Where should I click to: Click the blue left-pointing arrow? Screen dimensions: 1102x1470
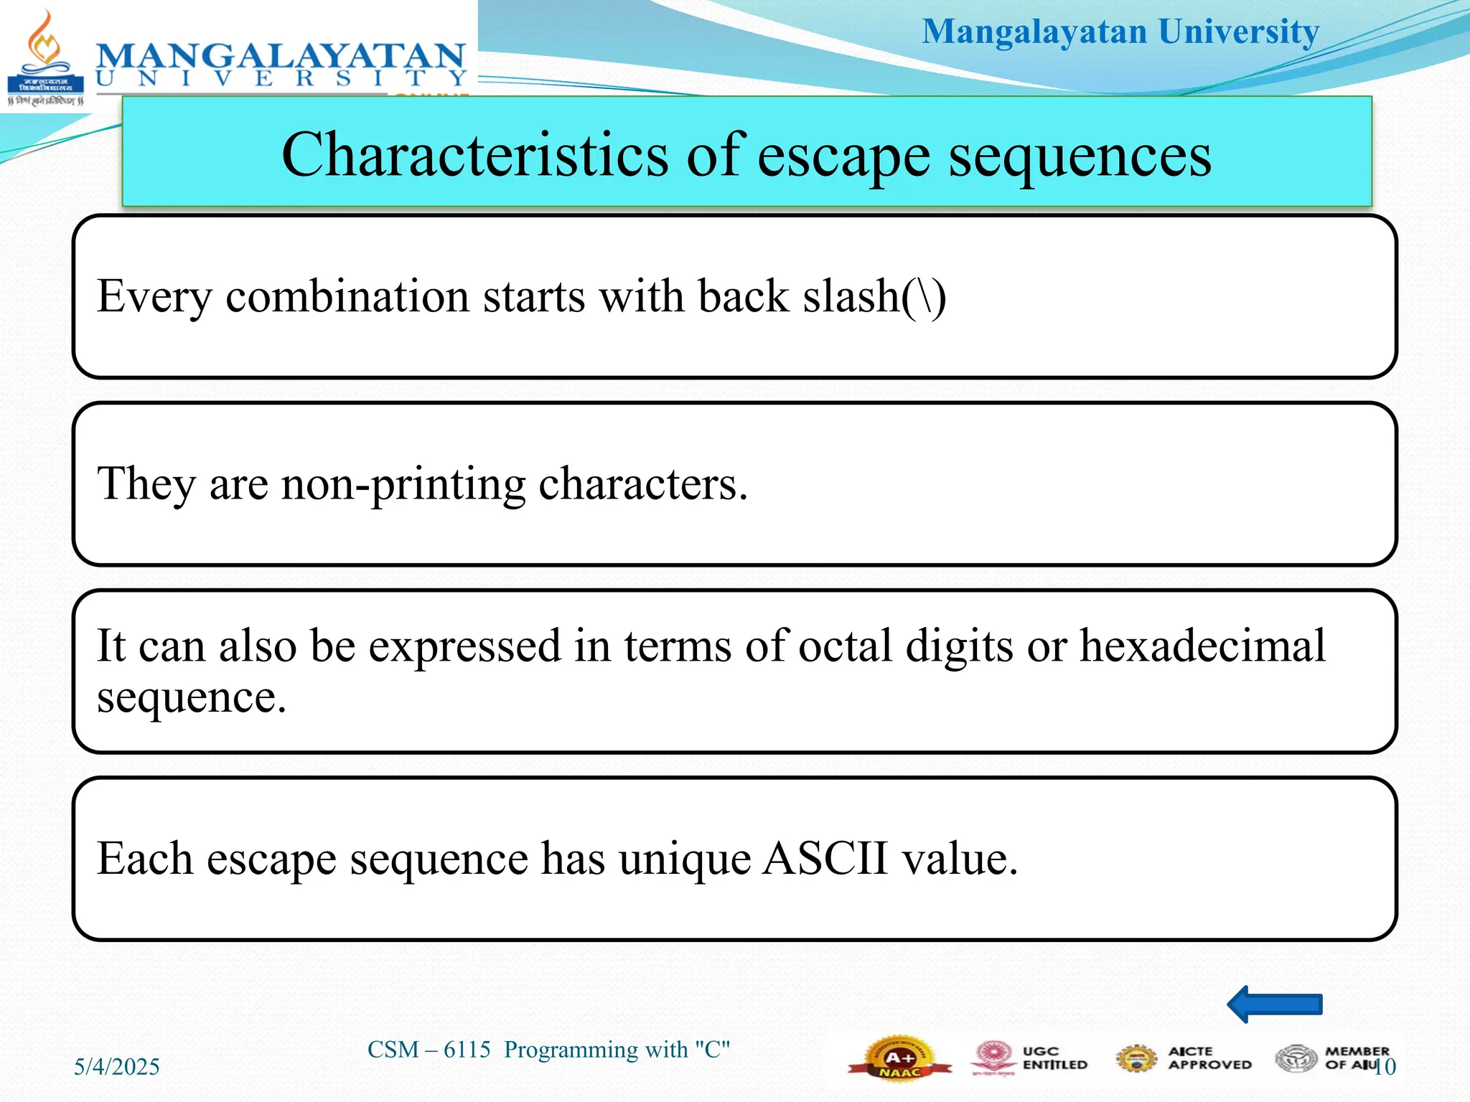point(1275,1004)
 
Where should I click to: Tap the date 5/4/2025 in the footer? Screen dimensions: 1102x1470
point(117,1067)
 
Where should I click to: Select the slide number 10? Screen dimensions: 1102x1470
point(1384,1067)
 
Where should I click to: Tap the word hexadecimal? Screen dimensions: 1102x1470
point(1202,646)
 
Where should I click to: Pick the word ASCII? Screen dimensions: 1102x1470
point(825,858)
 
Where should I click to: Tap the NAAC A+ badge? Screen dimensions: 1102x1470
point(899,1059)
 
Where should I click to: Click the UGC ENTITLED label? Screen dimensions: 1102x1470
point(1054,1058)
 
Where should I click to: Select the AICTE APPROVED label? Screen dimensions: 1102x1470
point(1209,1058)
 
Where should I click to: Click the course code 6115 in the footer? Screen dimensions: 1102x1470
point(467,1050)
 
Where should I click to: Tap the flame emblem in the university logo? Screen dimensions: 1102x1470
point(45,43)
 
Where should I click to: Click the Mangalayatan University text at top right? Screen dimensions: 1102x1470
point(1120,32)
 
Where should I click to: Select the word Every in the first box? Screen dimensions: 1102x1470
point(154,296)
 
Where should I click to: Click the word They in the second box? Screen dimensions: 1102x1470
point(146,484)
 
